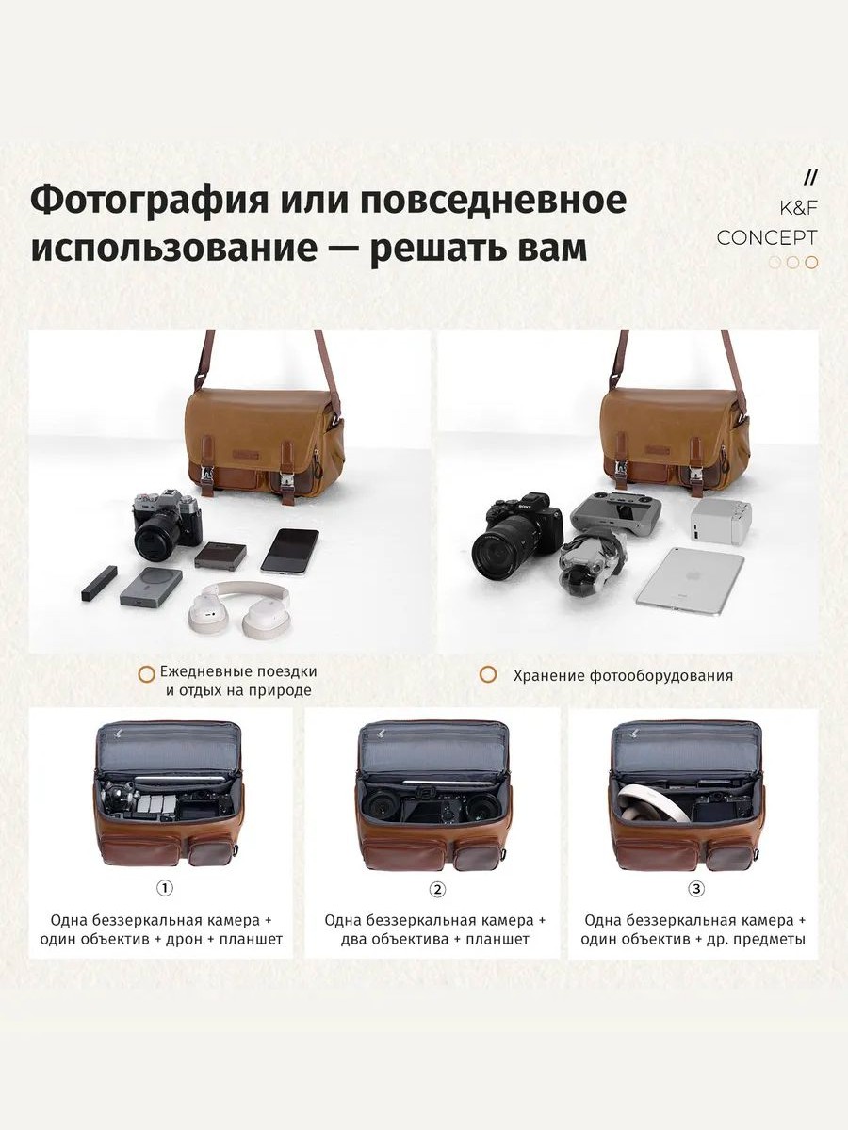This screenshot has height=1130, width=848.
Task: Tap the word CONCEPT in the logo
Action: point(767,238)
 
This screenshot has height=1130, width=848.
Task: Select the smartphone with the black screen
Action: point(289,552)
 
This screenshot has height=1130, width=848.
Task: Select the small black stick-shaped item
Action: point(99,583)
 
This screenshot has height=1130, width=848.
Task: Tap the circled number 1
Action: point(164,888)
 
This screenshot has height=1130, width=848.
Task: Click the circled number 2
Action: point(437,889)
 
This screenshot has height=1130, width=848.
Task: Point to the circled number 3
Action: point(696,889)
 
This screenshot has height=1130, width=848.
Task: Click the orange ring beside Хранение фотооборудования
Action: point(488,674)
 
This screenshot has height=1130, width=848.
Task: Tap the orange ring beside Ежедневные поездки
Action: point(147,674)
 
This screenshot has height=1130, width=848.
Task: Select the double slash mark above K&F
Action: point(811,178)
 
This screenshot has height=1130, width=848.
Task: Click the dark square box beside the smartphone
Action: point(220,554)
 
